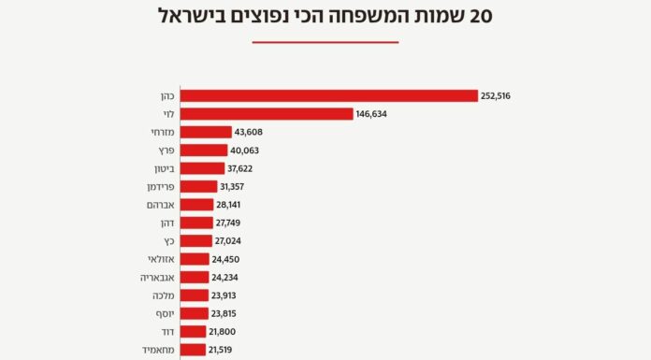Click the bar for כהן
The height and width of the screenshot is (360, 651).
click(x=327, y=95)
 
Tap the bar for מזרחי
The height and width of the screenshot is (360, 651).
click(x=205, y=132)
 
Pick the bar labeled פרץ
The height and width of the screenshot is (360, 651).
click(x=203, y=151)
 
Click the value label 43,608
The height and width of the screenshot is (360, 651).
click(x=248, y=132)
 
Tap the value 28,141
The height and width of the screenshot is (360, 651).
click(x=227, y=205)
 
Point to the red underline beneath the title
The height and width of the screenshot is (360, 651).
click(x=325, y=42)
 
